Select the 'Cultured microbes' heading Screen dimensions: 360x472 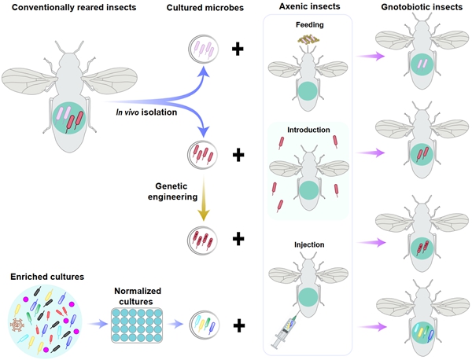click(204, 9)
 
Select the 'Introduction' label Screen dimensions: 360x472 click(309, 130)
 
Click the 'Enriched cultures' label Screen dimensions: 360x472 click(46, 277)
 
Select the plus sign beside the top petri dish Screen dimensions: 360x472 click(237, 51)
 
